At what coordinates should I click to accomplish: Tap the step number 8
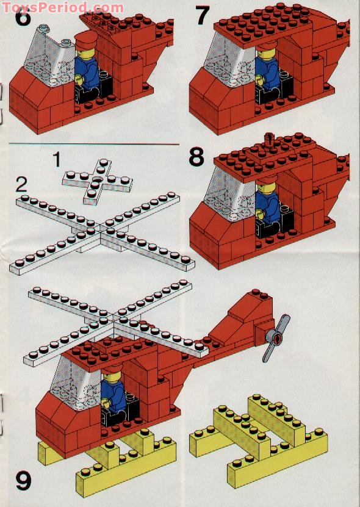click(196, 157)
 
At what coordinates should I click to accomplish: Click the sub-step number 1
click(57, 160)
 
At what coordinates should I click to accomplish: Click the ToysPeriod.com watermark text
click(62, 7)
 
